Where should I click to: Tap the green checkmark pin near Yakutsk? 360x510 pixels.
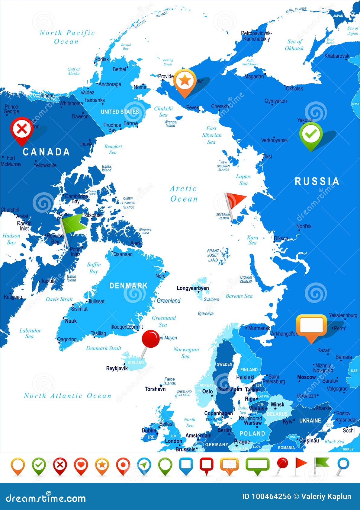311,134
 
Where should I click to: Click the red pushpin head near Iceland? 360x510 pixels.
151,338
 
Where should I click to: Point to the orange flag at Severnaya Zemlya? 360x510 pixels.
236,201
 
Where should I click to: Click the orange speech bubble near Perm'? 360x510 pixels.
311,325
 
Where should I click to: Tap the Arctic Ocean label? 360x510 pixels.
183,194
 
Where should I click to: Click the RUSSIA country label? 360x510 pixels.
317,181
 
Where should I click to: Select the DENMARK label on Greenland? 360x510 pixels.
128,285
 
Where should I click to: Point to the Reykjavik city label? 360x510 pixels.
117,368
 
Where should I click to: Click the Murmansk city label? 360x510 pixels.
259,328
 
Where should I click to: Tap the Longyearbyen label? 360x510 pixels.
193,288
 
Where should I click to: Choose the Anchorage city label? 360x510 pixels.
110,84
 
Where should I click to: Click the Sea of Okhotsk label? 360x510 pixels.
294,45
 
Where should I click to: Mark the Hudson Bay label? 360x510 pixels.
11,239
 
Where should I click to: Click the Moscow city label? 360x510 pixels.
306,377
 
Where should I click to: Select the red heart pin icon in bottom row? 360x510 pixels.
81,465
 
